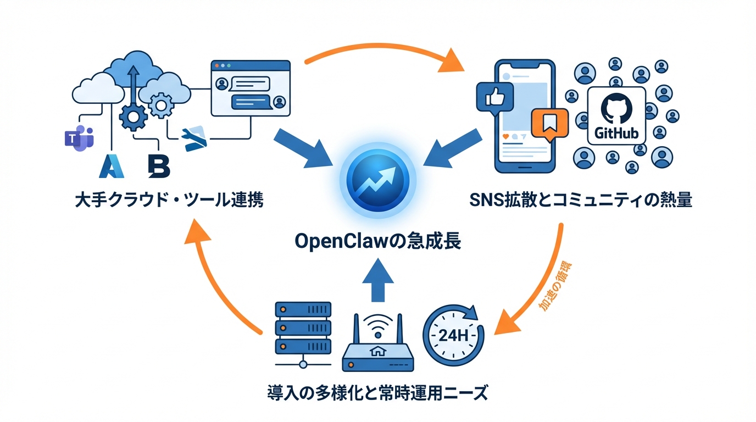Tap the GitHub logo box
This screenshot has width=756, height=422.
616,116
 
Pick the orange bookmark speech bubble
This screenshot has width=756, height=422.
548,126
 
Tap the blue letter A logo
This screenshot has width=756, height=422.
112,166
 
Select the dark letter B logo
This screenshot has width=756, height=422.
159,166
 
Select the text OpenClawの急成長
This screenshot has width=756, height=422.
377,241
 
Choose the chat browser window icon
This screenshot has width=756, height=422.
250,89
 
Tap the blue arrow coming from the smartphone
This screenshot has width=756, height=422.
452,147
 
